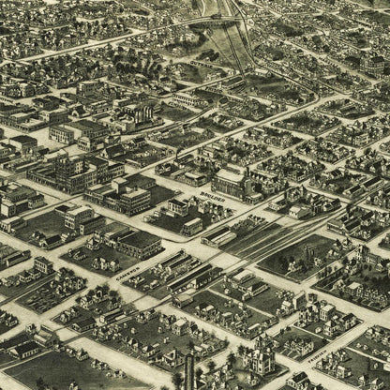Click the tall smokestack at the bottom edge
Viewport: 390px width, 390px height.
189,370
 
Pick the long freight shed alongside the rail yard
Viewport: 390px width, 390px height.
218,237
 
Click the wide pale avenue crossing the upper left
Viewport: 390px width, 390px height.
75,47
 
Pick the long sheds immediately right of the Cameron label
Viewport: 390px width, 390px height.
173,272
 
